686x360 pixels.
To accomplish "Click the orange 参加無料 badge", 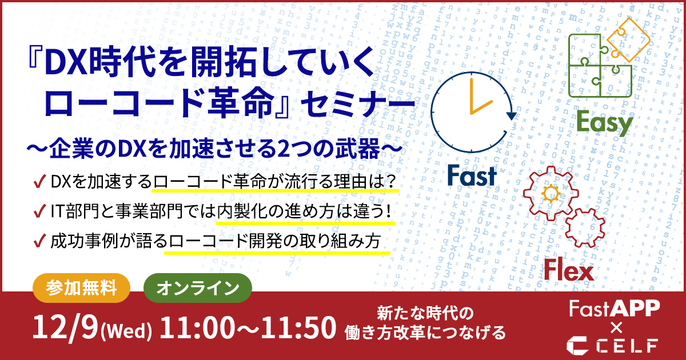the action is tap(81, 288).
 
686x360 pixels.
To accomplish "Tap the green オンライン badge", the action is tap(198, 288).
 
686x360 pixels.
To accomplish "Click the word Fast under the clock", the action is tap(472, 176).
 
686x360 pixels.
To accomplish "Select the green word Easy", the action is tap(605, 123).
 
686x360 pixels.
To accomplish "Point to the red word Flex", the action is tap(569, 270).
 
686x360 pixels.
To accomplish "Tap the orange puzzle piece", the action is tap(628, 39).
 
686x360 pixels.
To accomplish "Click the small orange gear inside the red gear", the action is tap(551, 193).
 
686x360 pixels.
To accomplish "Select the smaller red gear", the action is tap(585, 228).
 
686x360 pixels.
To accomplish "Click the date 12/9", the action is tap(65, 327).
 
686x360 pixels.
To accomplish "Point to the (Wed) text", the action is tap(126, 331).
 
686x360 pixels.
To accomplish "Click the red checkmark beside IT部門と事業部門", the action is tap(40, 211).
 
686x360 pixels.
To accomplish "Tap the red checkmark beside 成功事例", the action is tap(40, 241).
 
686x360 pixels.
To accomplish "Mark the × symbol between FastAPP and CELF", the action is tap(616, 328).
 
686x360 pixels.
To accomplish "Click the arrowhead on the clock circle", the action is tap(511, 116).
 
